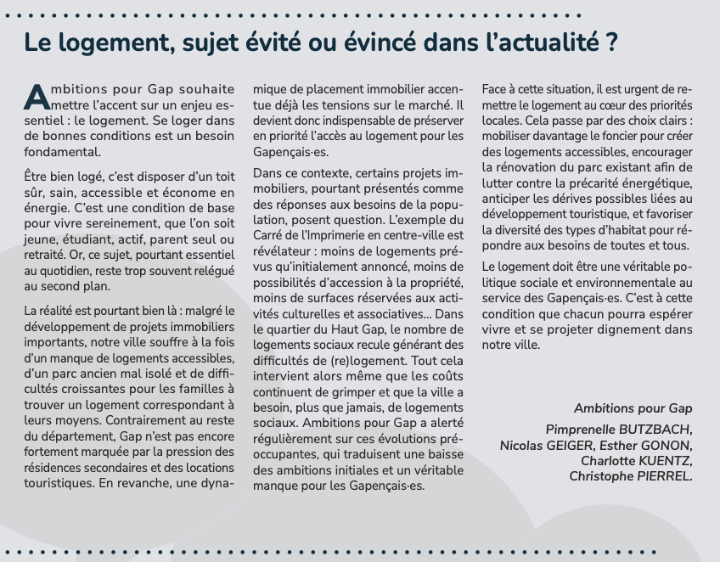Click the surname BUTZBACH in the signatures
[x=654, y=430]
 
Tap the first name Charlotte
[x=610, y=461]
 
